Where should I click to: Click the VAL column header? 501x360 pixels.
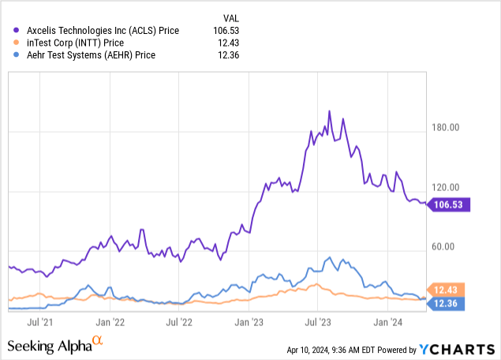click(228, 17)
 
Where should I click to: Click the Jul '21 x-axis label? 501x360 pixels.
click(40, 322)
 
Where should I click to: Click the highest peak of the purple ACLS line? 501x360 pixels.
click(329, 111)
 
